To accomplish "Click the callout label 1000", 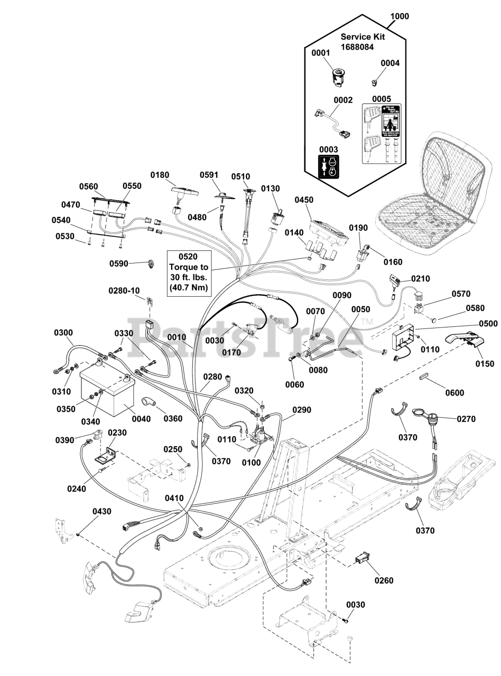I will coord(400,16).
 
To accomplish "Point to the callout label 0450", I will coord(304,200).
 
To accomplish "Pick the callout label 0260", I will coord(384,581).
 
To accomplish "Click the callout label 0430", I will coord(102,512).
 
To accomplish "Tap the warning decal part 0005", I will coord(381,133).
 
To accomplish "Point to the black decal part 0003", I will coord(327,166).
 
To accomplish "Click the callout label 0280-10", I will coord(124,290).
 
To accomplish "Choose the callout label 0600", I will coord(454,392).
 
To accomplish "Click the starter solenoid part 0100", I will coord(259,436).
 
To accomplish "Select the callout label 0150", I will coord(485,363).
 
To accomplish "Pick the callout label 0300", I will coord(63,333).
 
